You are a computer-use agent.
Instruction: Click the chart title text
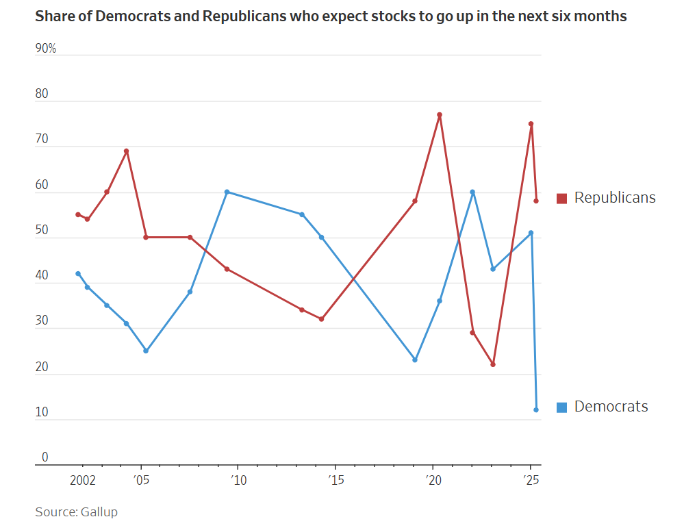[331, 16]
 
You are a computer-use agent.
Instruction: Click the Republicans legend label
[614, 198]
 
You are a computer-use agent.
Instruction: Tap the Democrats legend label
[611, 407]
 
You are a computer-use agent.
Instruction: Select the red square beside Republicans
[561, 199]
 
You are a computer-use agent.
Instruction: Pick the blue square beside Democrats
[561, 407]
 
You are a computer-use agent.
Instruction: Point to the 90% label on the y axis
[46, 49]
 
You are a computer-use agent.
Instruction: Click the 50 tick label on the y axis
[42, 231]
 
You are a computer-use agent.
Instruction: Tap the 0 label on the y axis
[45, 457]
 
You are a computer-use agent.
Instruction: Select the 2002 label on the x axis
[84, 480]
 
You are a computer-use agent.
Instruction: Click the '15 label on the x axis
[335, 480]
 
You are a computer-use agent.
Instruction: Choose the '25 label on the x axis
[530, 480]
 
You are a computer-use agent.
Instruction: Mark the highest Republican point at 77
[440, 115]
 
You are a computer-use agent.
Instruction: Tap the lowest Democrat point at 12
[536, 409]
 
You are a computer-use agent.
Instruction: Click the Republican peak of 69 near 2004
[127, 151]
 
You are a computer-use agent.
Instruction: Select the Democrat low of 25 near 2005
[146, 351]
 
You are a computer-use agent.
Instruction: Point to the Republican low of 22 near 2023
[493, 364]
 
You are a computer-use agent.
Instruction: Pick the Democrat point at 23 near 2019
[415, 359]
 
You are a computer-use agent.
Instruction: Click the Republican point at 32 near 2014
[321, 319]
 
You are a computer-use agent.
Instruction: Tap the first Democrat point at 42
[78, 274]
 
